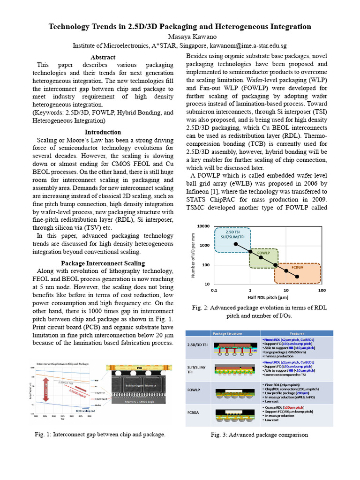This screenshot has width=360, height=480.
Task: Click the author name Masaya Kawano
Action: click(x=180, y=37)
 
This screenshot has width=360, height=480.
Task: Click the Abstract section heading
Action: click(x=103, y=57)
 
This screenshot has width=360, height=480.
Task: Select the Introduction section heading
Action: click(x=103, y=132)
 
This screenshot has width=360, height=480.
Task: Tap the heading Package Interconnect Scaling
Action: click(x=103, y=263)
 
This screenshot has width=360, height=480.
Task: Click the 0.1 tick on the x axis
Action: click(x=214, y=291)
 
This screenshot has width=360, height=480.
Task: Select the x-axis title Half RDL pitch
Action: click(x=267, y=298)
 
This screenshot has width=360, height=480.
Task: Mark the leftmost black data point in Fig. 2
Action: click(x=236, y=245)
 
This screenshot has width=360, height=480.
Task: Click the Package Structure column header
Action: click(x=226, y=333)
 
